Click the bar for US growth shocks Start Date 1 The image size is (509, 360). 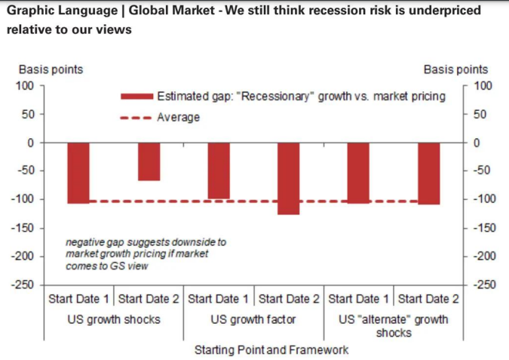click(x=78, y=173)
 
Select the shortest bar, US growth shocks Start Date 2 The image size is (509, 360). click(x=149, y=162)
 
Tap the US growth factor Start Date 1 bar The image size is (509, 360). click(x=219, y=171)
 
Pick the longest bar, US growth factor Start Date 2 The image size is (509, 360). click(x=289, y=178)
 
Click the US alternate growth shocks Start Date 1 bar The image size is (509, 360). click(x=359, y=173)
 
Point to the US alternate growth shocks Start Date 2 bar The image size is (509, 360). click(x=428, y=173)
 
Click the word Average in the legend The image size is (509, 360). click(x=179, y=118)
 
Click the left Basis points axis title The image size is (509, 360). click(x=51, y=69)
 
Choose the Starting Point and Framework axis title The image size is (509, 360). click(x=271, y=350)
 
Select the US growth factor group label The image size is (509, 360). click(x=253, y=319)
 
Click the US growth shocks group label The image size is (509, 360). click(x=114, y=319)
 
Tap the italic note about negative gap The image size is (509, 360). click(x=146, y=254)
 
